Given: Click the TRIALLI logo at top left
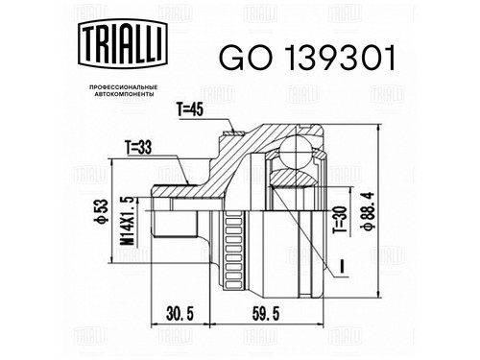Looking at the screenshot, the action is pos(123,43).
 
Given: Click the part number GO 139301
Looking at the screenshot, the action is pos(307,58).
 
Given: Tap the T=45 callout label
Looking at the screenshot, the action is pos(190,110).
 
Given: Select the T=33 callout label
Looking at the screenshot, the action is pos(138,148).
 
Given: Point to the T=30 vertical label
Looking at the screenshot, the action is pos(340,219).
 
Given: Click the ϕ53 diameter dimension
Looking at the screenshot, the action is pos(100,210).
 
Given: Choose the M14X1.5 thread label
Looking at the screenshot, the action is pos(128,221).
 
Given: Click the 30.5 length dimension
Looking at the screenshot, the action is pos(180,314).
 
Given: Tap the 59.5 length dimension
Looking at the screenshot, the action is pos(266,314).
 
